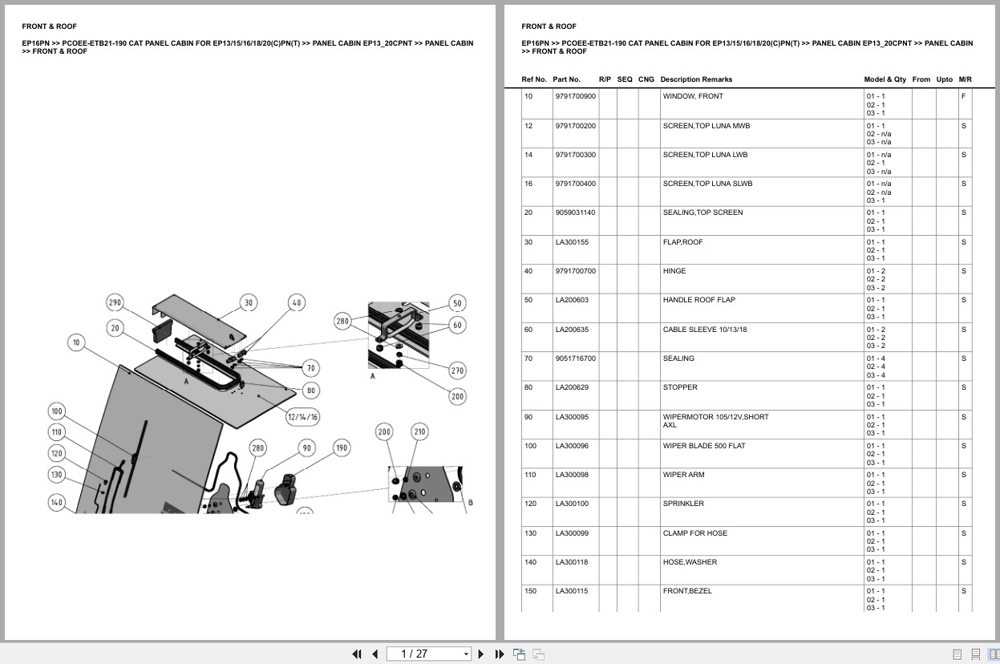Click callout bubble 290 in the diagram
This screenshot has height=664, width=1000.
115,302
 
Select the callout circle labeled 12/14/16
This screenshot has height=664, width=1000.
302,416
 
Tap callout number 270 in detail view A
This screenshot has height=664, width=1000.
456,370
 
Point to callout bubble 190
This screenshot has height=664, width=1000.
342,447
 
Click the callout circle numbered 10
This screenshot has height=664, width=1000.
76,342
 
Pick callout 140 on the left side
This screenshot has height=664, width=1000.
56,502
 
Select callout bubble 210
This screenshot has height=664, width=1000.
419,431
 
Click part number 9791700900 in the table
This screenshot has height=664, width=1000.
575,96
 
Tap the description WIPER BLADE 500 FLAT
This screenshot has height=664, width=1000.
703,446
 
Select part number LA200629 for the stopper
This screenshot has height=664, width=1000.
570,387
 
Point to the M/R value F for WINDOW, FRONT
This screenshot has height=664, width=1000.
963,96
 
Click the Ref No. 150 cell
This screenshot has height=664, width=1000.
529,591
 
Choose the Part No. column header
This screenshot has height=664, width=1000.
566,79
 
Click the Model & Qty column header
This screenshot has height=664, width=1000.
885,79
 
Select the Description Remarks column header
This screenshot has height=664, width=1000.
695,79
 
